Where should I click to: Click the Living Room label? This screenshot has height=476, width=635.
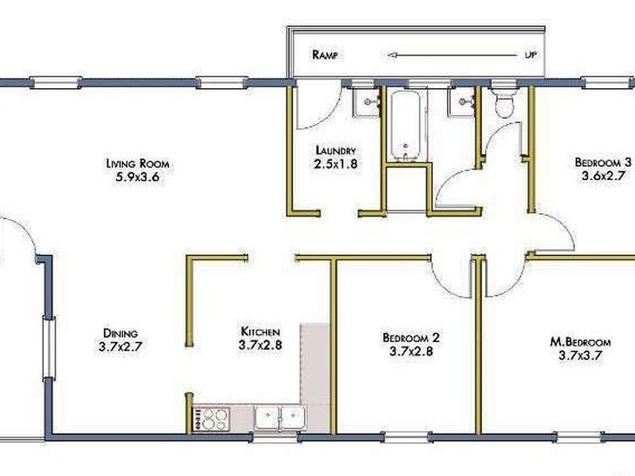pyautogui.click(x=137, y=163)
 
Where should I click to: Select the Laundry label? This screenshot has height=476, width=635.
pyautogui.click(x=336, y=151)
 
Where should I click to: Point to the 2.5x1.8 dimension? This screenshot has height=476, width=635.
pyautogui.click(x=336, y=164)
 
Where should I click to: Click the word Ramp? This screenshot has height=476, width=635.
pyautogui.click(x=325, y=55)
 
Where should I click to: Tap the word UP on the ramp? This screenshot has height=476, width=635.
pyautogui.click(x=530, y=55)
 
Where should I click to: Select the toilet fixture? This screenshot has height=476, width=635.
pyautogui.click(x=505, y=103)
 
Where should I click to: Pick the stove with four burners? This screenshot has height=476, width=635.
pyautogui.click(x=210, y=420)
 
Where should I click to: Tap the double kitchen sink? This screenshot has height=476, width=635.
pyautogui.click(x=280, y=418)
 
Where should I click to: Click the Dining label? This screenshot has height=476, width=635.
pyautogui.click(x=121, y=333)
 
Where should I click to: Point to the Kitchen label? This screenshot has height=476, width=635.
pyautogui.click(x=260, y=332)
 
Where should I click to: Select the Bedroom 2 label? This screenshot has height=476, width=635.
pyautogui.click(x=411, y=337)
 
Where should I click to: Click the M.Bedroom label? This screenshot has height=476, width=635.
pyautogui.click(x=580, y=342)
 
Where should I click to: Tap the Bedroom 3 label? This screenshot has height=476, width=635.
pyautogui.click(x=603, y=163)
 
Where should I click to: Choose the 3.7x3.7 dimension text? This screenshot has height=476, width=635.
pyautogui.click(x=580, y=355)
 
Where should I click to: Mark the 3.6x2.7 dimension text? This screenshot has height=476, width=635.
pyautogui.click(x=602, y=176)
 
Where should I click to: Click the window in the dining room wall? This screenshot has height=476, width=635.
pyautogui.click(x=49, y=348)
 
